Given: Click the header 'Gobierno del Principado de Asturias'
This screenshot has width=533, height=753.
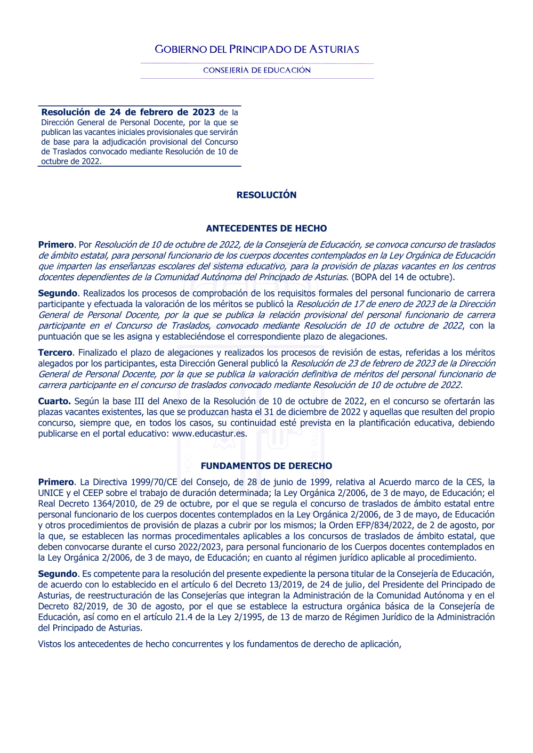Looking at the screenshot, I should pyautogui.click(x=257, y=50).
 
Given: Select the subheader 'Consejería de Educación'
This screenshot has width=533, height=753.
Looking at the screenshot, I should pyautogui.click(x=257, y=70).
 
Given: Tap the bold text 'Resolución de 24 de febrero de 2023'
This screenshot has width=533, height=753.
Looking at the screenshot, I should pyautogui.click(x=128, y=112).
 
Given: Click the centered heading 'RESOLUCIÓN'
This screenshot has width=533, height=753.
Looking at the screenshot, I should pyautogui.click(x=266, y=195).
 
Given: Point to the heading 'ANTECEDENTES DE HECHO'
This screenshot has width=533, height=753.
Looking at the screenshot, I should pyautogui.click(x=266, y=228).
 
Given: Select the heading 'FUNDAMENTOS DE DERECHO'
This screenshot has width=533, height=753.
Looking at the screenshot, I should pyautogui.click(x=266, y=466).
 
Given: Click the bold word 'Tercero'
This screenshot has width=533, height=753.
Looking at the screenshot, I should pyautogui.click(x=55, y=353).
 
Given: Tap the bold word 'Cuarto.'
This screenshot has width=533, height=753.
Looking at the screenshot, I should pyautogui.click(x=54, y=401).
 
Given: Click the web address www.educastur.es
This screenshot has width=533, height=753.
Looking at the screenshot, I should pyautogui.click(x=209, y=433).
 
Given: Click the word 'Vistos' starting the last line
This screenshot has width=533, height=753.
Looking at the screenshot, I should pyautogui.click(x=50, y=644).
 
